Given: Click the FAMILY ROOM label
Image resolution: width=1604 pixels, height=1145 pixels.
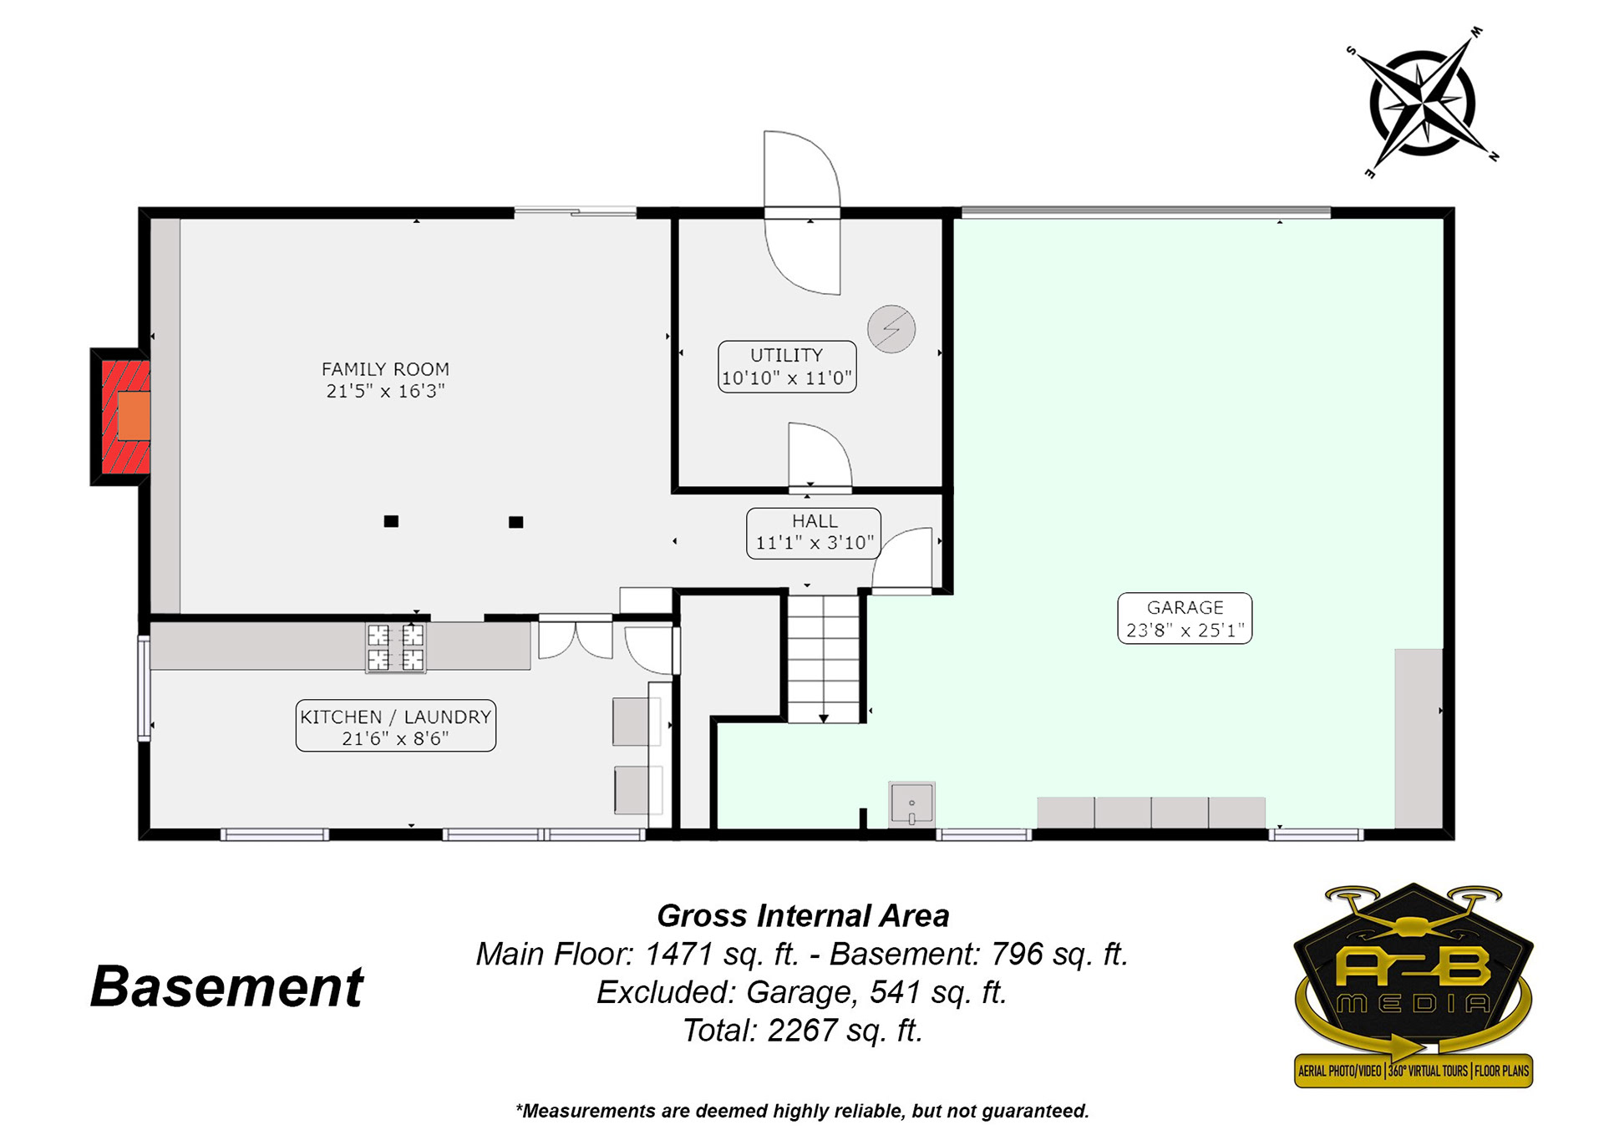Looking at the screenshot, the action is pyautogui.click(x=385, y=380).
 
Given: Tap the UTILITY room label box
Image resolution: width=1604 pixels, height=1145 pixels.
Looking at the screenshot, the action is pyautogui.click(x=787, y=367).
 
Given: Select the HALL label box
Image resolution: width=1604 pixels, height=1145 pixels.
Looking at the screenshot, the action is pyautogui.click(x=814, y=533).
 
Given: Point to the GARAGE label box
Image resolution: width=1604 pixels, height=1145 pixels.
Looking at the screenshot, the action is pyautogui.click(x=1185, y=618).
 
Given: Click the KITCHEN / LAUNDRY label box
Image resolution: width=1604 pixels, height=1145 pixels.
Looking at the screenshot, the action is pyautogui.click(x=396, y=726).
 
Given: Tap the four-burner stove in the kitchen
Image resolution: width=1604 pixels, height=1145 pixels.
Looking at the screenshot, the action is pyautogui.click(x=395, y=647).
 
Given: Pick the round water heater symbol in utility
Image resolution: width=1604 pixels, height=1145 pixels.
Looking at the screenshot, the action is pyautogui.click(x=891, y=329).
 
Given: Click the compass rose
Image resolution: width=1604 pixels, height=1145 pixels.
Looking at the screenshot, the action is pyautogui.click(x=1423, y=104).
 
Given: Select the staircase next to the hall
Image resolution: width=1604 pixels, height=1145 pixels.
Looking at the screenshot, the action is pyautogui.click(x=824, y=658).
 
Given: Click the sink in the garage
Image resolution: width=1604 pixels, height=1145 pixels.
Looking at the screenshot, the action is pyautogui.click(x=911, y=803).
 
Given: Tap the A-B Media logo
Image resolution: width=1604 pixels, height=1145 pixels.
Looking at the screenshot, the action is pyautogui.click(x=1414, y=985).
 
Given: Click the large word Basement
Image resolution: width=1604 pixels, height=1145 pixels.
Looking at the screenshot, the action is pyautogui.click(x=226, y=986).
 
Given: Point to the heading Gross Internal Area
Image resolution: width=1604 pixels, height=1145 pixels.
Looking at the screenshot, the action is pyautogui.click(x=803, y=916).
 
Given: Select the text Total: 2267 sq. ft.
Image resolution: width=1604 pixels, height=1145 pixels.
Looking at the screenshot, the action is pyautogui.click(x=803, y=1031).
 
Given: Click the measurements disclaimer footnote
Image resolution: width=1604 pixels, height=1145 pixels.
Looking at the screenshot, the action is pyautogui.click(x=802, y=1111).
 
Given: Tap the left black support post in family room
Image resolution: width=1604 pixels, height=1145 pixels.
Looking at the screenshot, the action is pyautogui.click(x=391, y=521).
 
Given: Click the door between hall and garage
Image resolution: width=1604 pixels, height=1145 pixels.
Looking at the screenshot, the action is pyautogui.click(x=902, y=560).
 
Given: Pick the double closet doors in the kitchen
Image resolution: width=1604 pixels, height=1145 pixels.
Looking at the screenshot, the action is pyautogui.click(x=576, y=639).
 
